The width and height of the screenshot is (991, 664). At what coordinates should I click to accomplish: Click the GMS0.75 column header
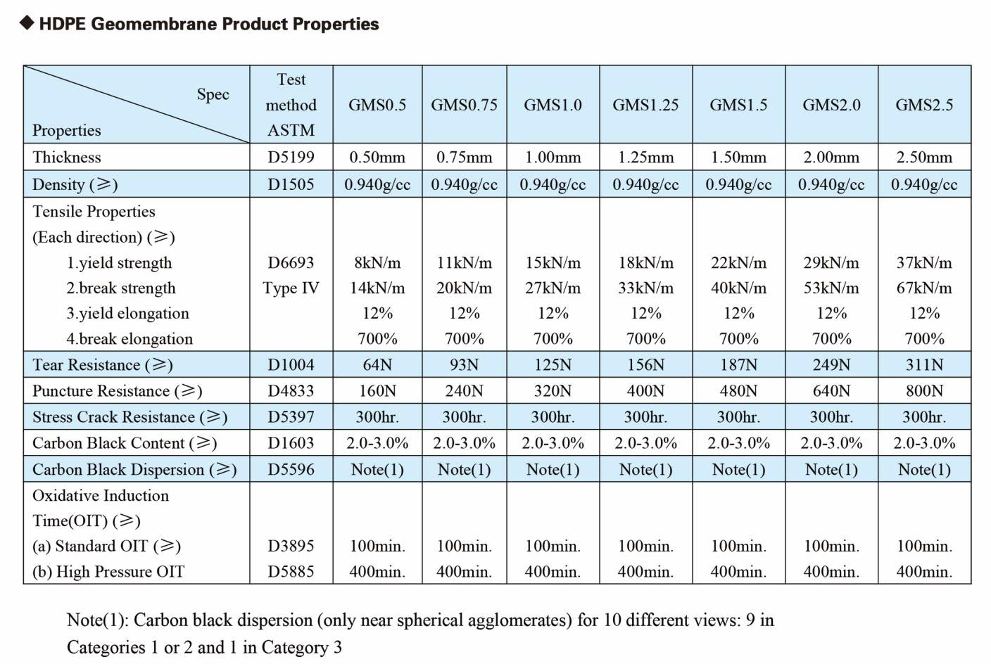point(464,105)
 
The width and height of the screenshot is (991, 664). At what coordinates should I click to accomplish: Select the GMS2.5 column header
point(924,105)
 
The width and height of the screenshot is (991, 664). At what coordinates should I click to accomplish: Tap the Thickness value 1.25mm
point(645,157)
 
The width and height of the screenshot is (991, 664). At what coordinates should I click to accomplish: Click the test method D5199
point(291,157)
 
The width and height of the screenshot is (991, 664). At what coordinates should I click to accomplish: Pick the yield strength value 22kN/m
point(738,262)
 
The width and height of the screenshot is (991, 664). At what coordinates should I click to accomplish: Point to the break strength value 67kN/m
point(924,288)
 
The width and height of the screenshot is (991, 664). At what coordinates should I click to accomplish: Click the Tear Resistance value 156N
point(645,364)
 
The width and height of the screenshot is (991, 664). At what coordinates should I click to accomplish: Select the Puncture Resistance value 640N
point(831,390)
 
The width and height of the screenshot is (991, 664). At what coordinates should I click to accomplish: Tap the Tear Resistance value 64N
point(377,364)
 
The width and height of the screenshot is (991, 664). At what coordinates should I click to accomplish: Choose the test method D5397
point(291,416)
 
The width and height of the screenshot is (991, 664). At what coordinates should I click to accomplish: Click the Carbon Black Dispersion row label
point(134,469)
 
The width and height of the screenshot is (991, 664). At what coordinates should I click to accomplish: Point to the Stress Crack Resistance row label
point(130,416)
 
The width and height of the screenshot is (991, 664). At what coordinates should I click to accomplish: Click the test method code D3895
point(291,546)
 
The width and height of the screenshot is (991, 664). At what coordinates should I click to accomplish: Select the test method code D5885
point(291,571)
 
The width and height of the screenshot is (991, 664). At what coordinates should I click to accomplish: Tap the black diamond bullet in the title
point(27,23)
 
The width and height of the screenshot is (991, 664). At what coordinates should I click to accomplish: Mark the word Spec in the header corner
point(213,94)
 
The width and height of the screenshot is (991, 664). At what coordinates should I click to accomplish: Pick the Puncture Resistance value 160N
point(377,390)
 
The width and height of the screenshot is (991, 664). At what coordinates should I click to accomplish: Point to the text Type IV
point(291,288)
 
